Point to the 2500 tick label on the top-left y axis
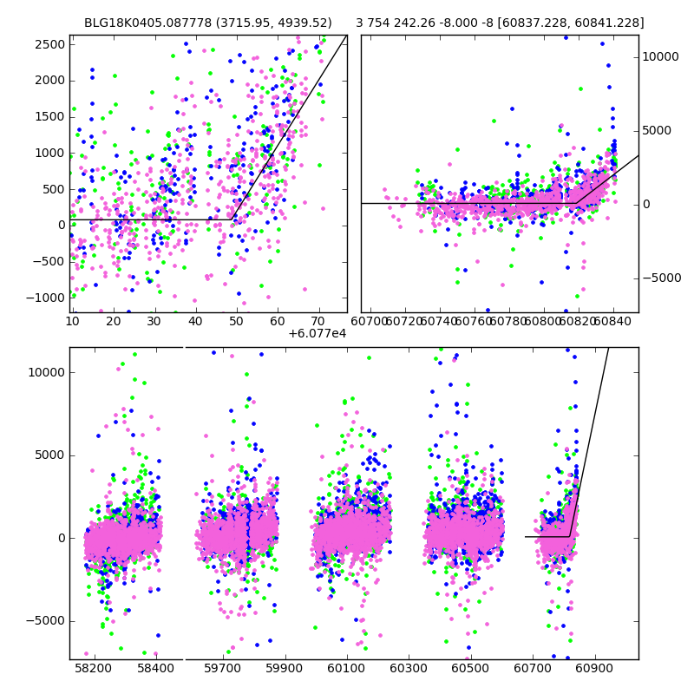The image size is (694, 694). point(49,44)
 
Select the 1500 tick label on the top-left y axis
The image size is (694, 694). point(49,116)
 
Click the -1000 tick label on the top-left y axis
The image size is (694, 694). point(46,298)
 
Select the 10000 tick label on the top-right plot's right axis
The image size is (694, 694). point(660,57)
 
